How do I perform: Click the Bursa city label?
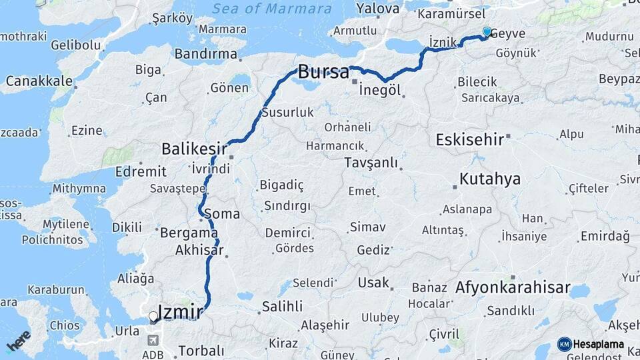[x=323, y=72]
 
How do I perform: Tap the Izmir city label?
[x=180, y=311]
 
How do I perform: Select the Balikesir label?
[x=194, y=148]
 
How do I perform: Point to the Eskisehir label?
[x=470, y=139]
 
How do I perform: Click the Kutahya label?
[x=489, y=179]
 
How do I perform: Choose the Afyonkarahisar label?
[x=513, y=288]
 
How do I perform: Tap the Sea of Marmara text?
[x=272, y=9]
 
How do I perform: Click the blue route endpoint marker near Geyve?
[x=487, y=32]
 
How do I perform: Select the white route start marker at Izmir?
[x=153, y=317]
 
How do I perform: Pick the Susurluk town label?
[x=288, y=113]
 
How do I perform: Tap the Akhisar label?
[x=199, y=251]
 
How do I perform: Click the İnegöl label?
[x=379, y=90]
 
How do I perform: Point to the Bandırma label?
[x=205, y=54]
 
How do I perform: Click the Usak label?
[x=373, y=283]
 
